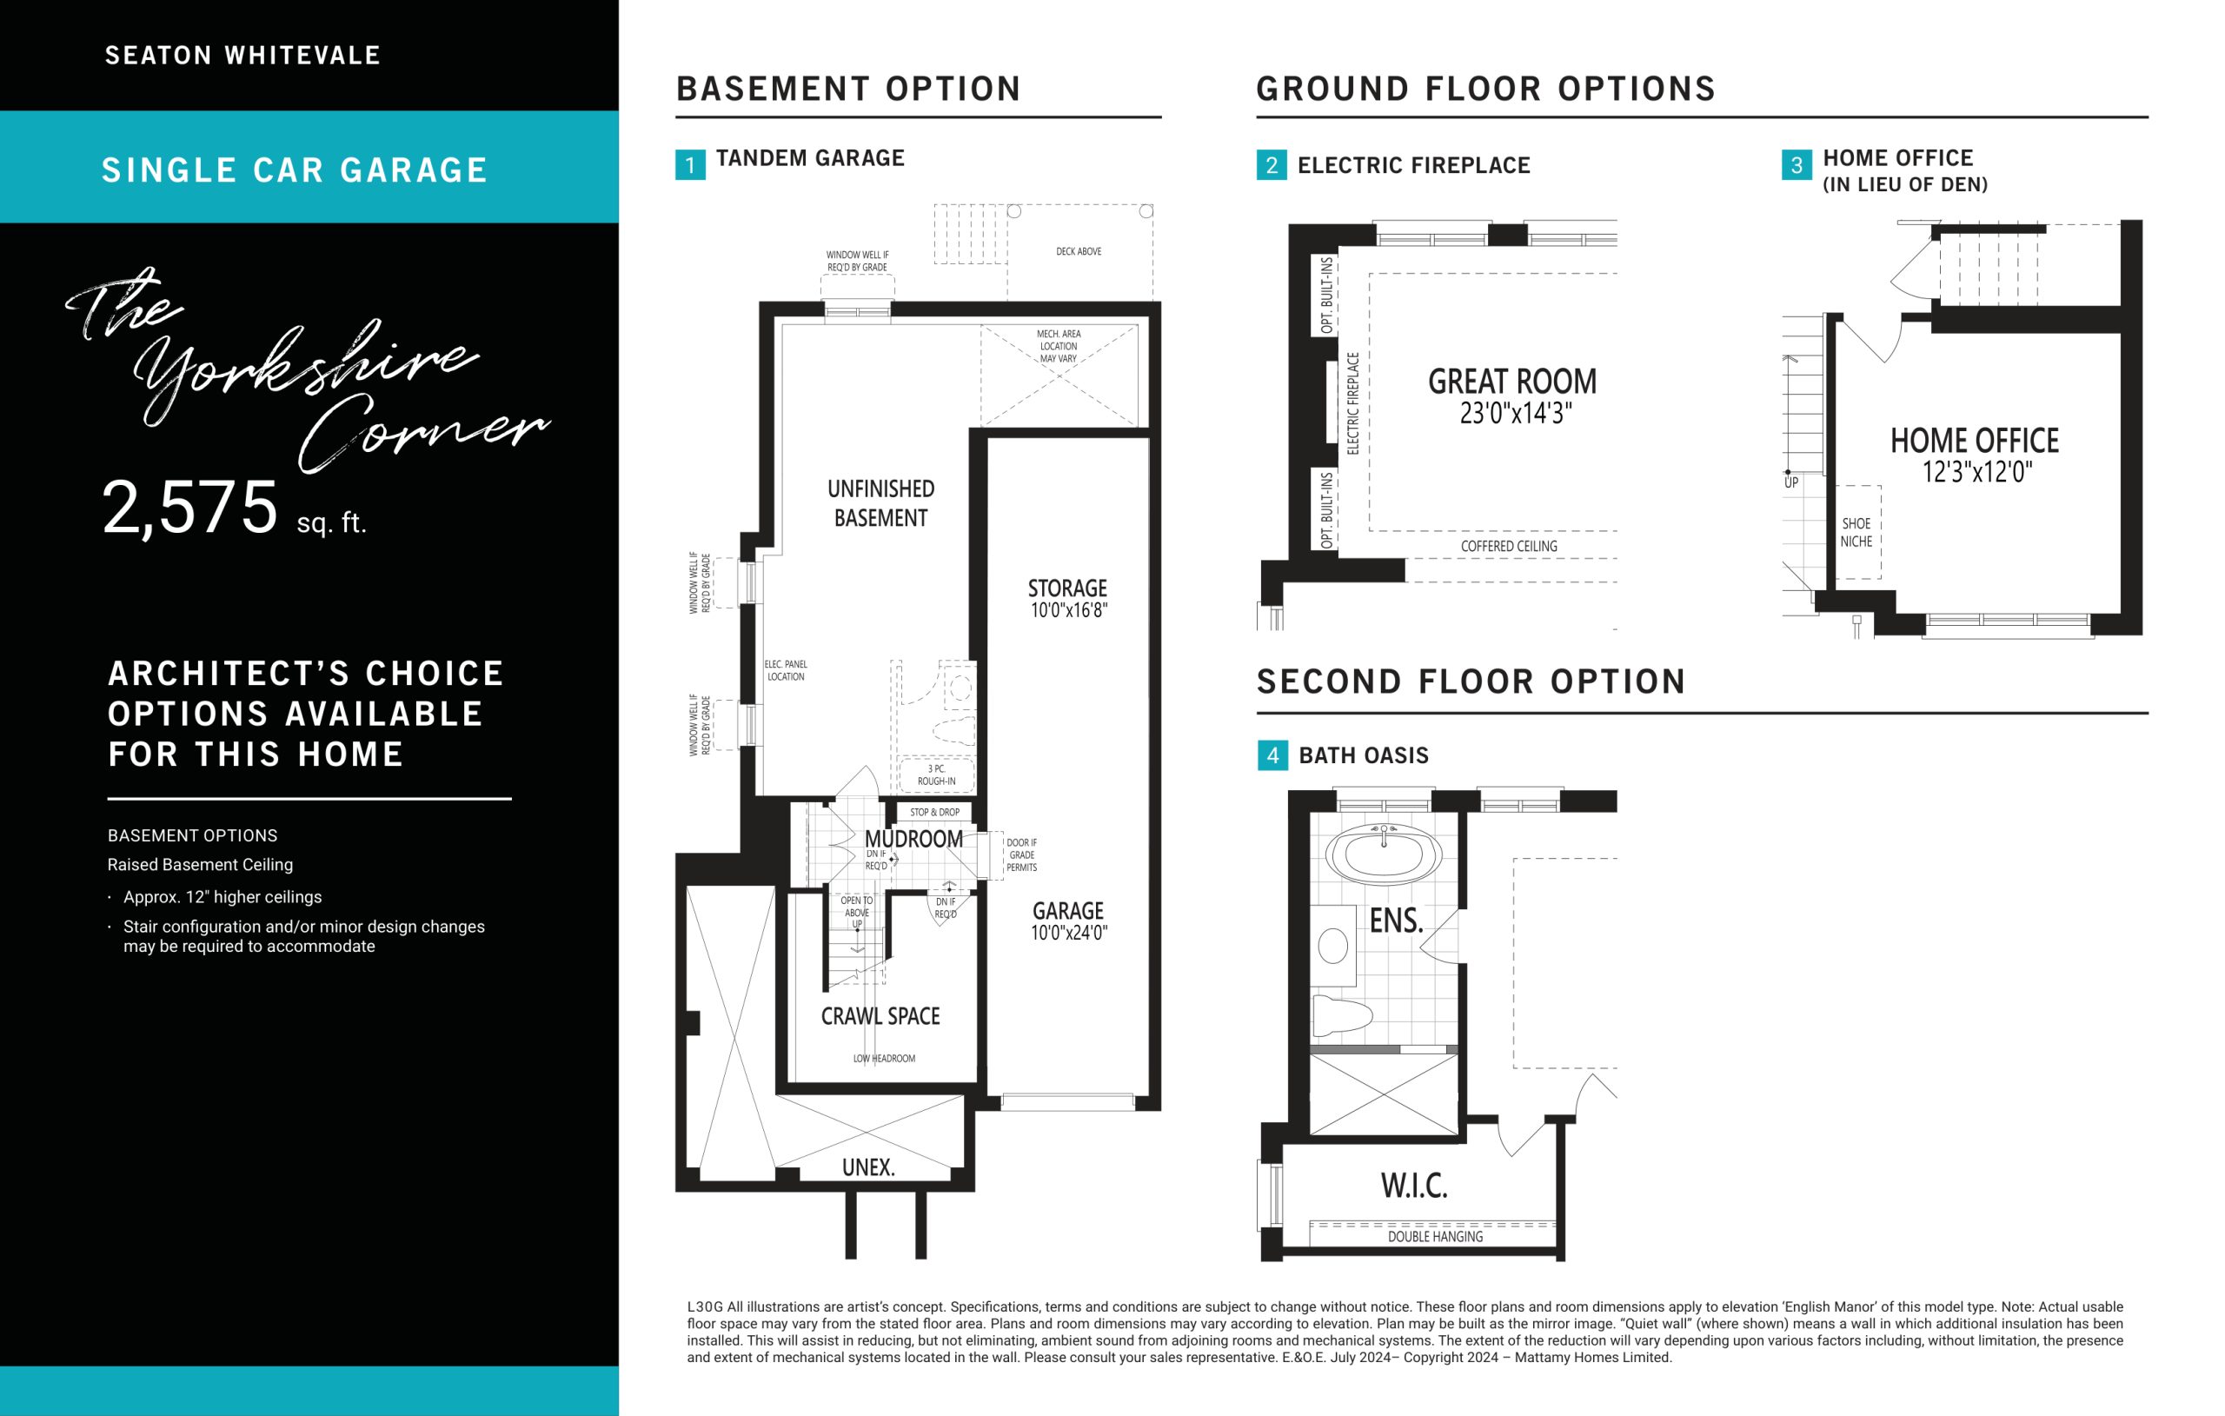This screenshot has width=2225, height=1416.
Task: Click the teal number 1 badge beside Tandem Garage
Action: tap(690, 164)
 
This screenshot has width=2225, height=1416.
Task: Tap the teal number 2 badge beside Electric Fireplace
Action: tap(1272, 164)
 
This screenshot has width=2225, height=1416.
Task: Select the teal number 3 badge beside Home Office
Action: tap(1797, 164)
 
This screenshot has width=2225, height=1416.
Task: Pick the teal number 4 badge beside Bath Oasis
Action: tap(1272, 755)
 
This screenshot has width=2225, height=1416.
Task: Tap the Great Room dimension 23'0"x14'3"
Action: tap(1516, 413)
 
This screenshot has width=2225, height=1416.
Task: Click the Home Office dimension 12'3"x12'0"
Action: tap(1977, 472)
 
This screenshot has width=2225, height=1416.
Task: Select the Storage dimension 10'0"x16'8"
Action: tap(1068, 610)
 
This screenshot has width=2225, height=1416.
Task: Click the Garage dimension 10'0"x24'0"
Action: tap(1069, 933)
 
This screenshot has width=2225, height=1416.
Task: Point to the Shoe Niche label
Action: tap(1856, 532)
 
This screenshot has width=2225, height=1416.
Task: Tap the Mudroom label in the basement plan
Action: tap(913, 839)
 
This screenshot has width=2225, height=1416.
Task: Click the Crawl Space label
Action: tap(880, 1017)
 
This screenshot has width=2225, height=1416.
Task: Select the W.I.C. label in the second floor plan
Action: tap(1414, 1186)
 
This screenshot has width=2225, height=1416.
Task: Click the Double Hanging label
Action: tap(1435, 1237)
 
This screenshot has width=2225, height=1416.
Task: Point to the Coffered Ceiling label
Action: tap(1509, 546)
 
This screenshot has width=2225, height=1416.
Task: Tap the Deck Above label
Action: tap(1079, 251)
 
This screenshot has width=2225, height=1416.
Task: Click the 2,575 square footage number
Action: tap(190, 508)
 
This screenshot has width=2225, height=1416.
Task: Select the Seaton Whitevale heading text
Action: tap(243, 56)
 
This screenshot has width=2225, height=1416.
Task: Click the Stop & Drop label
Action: tap(935, 813)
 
